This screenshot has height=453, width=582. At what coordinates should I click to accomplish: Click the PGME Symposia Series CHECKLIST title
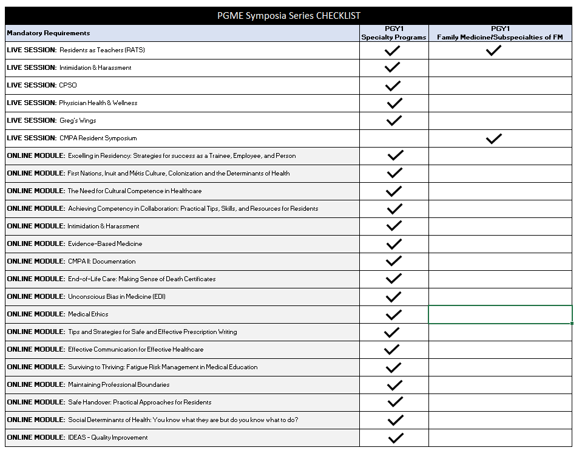tap(288, 16)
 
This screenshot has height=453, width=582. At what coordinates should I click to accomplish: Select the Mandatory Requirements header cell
tap(49, 33)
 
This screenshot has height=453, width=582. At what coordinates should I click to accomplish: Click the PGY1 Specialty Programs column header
tap(394, 33)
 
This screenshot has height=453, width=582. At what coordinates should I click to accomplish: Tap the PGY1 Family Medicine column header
tap(500, 33)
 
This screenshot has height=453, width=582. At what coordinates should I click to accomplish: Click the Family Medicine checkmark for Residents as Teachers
tap(493, 50)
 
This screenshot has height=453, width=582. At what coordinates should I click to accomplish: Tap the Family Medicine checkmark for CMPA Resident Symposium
tap(493, 138)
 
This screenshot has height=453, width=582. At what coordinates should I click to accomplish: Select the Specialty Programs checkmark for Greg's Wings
tap(394, 120)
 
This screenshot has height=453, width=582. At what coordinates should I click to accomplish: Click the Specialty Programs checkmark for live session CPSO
tap(394, 85)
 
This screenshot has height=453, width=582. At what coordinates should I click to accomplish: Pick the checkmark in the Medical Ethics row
tap(394, 315)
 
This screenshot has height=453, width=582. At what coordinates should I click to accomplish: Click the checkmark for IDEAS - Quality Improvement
tap(396, 438)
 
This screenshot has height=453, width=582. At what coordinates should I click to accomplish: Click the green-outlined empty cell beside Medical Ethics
tap(500, 315)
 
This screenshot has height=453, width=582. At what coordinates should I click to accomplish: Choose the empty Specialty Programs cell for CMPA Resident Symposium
tap(394, 138)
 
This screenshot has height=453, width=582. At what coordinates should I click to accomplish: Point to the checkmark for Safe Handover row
tap(395, 402)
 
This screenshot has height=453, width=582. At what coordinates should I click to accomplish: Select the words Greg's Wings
tap(78, 120)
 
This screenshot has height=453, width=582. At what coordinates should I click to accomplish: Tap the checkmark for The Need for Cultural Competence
tap(394, 191)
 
